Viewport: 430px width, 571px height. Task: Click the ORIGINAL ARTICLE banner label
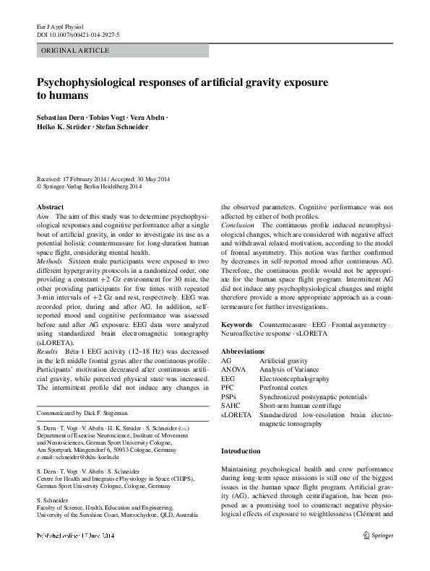click(75, 51)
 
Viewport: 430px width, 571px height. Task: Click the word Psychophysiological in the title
click(97, 82)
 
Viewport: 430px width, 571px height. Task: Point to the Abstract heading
click(51, 206)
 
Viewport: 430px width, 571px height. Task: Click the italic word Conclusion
click(237, 225)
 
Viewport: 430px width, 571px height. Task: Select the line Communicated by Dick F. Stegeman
click(82, 413)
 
